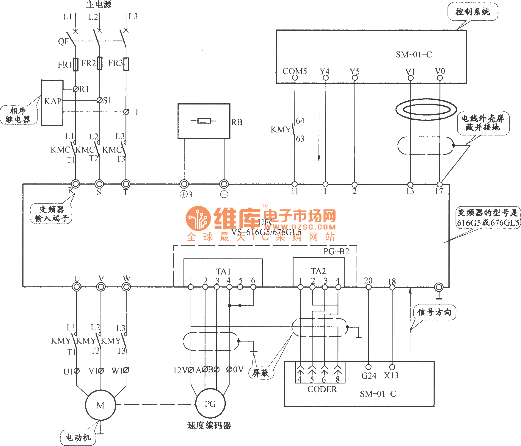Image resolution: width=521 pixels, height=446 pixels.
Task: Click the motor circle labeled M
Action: click(x=101, y=405)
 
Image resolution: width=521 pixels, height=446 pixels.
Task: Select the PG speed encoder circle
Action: click(x=210, y=404)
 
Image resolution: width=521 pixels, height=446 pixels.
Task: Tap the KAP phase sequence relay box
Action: click(x=52, y=103)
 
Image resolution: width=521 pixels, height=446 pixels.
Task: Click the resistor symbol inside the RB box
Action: click(x=204, y=121)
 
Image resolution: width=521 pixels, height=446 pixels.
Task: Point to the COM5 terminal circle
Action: click(x=295, y=78)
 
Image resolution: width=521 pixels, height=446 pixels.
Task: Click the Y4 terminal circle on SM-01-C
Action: click(x=326, y=78)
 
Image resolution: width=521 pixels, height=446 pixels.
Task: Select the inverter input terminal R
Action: click(x=76, y=184)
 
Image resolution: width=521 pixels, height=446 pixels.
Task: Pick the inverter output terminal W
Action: click(x=126, y=287)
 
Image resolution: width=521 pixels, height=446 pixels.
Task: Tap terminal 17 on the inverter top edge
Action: click(x=440, y=184)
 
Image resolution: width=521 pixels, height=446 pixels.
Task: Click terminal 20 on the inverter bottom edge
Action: click(x=368, y=287)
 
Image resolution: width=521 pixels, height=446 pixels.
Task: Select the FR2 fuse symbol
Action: click(x=99, y=63)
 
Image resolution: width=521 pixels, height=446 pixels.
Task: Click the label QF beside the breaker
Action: click(x=63, y=41)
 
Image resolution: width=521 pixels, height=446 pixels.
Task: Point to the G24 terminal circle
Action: click(x=368, y=367)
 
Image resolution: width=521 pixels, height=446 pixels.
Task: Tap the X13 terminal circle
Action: click(x=392, y=367)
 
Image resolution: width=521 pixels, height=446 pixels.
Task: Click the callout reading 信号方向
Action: click(x=434, y=312)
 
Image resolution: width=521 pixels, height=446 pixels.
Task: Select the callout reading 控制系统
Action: click(x=473, y=12)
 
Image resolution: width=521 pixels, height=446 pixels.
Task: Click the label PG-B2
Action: click(x=336, y=252)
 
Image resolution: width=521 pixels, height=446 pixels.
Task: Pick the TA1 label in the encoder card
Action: click(x=223, y=272)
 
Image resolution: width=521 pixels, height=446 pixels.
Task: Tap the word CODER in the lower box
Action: click(x=322, y=389)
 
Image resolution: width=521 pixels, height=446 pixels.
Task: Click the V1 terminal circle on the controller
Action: click(x=410, y=78)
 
